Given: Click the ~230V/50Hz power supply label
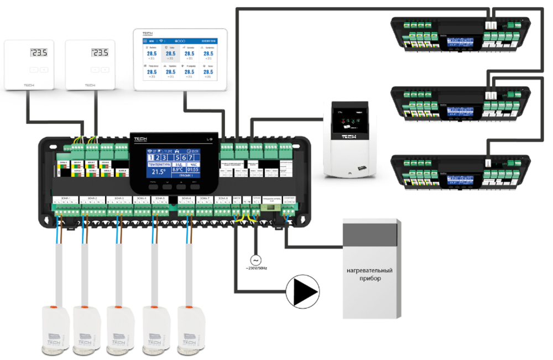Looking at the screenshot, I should (x=255, y=268).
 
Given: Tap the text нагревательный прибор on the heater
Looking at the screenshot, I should (x=370, y=275).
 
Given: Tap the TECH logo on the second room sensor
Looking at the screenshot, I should (x=90, y=85).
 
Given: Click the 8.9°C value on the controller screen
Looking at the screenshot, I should (x=177, y=170).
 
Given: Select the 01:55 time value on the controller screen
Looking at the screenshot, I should (x=193, y=170).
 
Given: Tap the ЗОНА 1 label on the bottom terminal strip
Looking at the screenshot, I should (x=65, y=198).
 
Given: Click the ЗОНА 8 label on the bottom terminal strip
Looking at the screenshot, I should (x=223, y=198).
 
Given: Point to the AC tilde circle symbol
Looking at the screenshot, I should (x=255, y=259).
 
